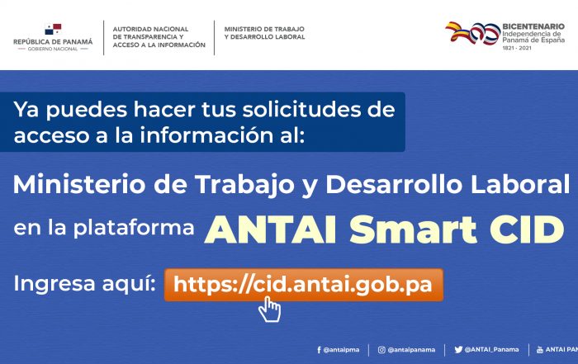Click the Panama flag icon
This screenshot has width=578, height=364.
[x=53, y=29]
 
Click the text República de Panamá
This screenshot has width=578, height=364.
[x=53, y=41]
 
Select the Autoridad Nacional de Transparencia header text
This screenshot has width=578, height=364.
[x=159, y=37]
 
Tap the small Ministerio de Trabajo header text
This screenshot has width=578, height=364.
[x=264, y=33]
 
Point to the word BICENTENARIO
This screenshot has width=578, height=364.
[x=533, y=26]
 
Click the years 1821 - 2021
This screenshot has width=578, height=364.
[x=517, y=48]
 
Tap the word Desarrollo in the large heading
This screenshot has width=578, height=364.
[x=393, y=184]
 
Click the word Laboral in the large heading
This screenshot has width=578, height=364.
[x=520, y=184]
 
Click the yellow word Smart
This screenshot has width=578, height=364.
[x=413, y=229]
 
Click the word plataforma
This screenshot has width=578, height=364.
[x=134, y=229]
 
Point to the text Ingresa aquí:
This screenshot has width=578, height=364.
[x=85, y=284]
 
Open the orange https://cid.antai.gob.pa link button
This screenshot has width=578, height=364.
[x=303, y=285]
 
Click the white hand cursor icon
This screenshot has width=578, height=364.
[x=269, y=310]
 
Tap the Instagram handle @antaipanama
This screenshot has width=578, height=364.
[x=411, y=350]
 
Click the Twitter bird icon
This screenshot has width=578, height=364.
[x=458, y=349]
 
